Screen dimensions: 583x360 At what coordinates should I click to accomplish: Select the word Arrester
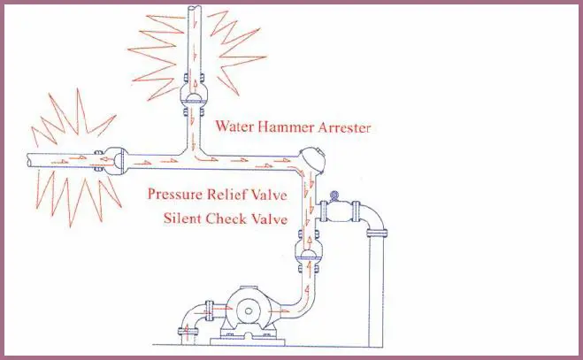coord(344,127)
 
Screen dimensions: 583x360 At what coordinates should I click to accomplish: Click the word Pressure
coord(175,194)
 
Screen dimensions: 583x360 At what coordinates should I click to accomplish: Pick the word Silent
coord(182,218)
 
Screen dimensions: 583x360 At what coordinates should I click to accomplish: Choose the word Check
coord(226,218)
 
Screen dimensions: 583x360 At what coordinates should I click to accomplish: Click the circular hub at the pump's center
coord(246,311)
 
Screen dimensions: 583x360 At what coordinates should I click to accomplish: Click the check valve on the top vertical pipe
coord(193,95)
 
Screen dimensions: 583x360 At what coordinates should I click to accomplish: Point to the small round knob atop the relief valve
coord(334,195)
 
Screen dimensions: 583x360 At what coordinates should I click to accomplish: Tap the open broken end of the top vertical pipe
coord(194,8)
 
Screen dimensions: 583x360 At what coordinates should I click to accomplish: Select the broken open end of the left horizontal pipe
coord(28,160)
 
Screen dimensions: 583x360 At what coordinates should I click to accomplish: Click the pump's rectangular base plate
coord(248,341)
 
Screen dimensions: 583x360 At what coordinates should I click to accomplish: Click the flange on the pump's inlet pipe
coord(210,310)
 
